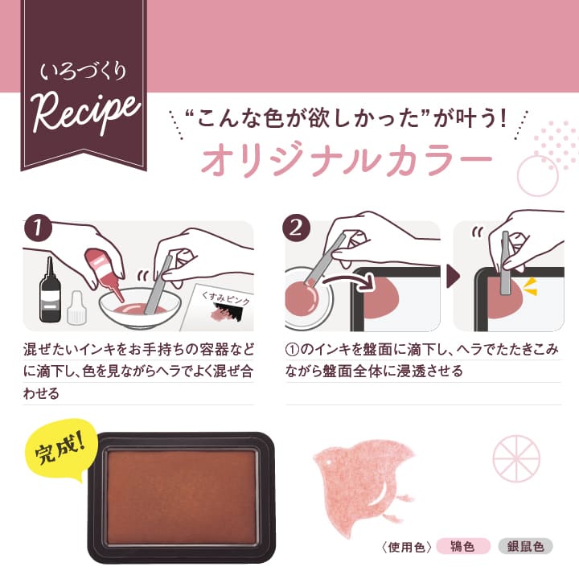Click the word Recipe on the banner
(83, 115)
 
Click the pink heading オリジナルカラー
(346, 158)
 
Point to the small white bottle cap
(78, 309)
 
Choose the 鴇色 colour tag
(463, 547)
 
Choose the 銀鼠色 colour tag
(524, 547)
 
